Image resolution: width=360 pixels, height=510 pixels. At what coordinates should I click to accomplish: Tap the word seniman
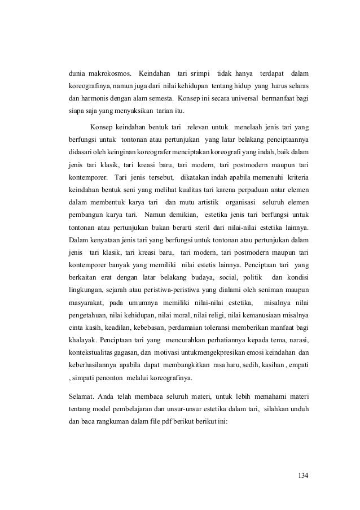point(272,290)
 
